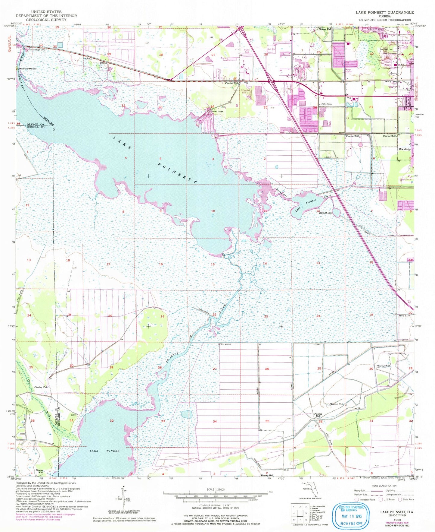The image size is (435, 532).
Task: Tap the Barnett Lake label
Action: (x=326, y=213)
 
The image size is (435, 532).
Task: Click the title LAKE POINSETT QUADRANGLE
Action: (x=384, y=12)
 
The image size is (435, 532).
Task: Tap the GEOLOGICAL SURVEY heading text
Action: (x=46, y=20)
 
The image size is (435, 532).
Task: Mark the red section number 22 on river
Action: (x=214, y=315)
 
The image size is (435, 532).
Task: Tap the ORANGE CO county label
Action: (x=33, y=124)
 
